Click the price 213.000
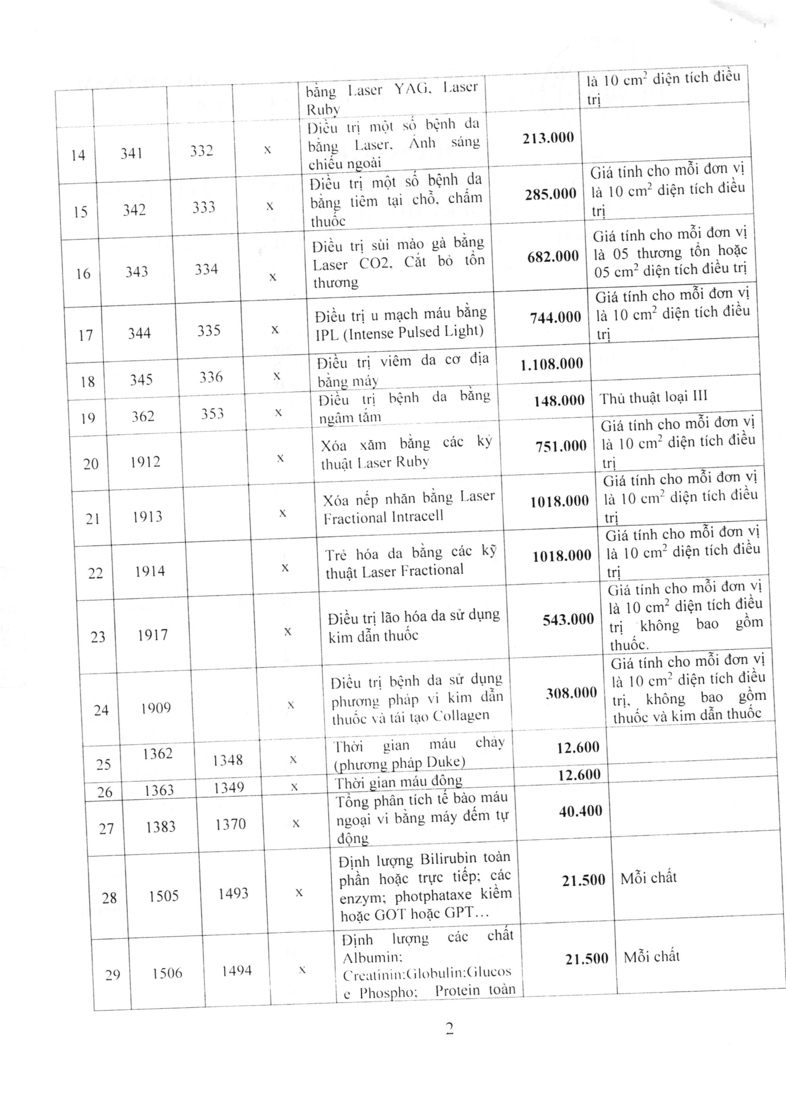point(548,138)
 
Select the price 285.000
point(551,194)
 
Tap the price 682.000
point(553,256)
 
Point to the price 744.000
point(555,318)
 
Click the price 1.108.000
point(552,364)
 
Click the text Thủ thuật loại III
point(653,398)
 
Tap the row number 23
point(98,636)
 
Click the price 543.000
point(568,619)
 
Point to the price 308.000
point(571,693)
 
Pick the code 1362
point(158,754)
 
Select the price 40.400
point(580,811)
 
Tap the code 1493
point(233,894)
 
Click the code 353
point(213,414)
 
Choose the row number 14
point(78,156)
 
